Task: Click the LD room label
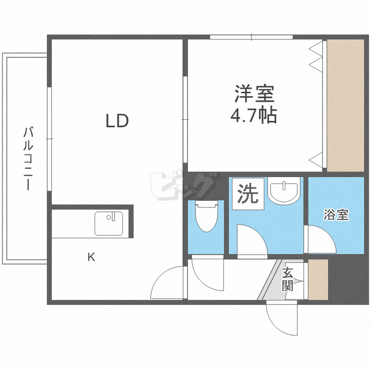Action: [117, 121]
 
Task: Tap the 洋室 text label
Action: [254, 94]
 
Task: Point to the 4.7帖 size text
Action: [254, 115]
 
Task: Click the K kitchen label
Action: [91, 257]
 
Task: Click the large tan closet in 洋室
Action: [345, 106]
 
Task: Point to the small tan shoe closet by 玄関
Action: [318, 280]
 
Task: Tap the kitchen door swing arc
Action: [168, 284]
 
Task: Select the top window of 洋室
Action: [251, 37]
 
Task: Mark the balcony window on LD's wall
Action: [49, 139]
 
